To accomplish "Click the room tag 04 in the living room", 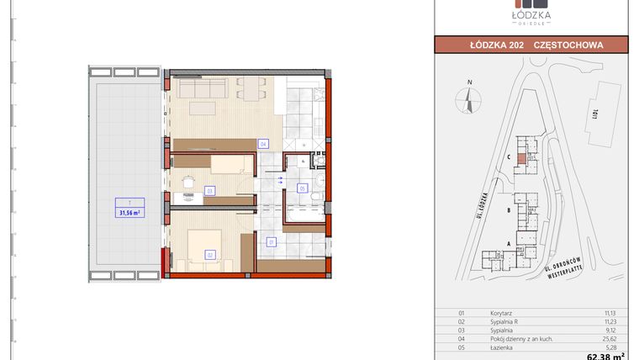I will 263,144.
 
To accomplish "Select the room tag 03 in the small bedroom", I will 209,190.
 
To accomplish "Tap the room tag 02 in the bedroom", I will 209,254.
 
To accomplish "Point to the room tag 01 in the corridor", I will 271,242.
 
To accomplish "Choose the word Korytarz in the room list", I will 502,312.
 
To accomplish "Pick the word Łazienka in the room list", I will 503,346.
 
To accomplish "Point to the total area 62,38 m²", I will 605,357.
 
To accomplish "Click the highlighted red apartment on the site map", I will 522,158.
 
